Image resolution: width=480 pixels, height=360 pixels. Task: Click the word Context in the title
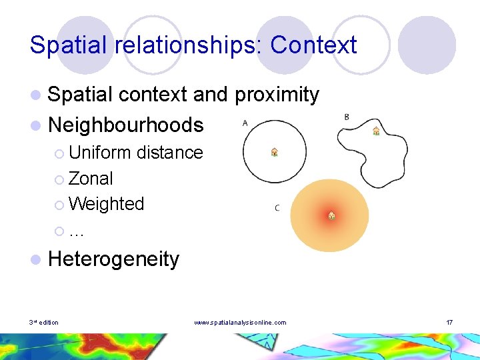313,45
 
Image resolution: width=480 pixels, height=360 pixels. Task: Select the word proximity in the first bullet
277,95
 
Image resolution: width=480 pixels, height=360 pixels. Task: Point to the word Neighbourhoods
126,124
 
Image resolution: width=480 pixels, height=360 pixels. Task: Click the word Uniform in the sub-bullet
100,153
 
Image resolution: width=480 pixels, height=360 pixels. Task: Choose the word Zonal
91,178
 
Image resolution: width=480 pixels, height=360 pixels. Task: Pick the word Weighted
106,203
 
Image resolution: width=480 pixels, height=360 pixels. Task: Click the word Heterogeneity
114,259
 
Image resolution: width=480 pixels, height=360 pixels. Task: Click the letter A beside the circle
245,123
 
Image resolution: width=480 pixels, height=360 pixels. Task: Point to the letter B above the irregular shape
347,117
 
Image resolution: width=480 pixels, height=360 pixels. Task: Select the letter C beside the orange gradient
277,208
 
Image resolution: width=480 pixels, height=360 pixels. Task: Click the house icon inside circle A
274,153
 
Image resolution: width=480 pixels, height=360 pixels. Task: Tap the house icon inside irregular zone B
376,131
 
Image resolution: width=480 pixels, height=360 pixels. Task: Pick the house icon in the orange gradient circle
331,215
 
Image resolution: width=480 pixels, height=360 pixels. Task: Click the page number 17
450,323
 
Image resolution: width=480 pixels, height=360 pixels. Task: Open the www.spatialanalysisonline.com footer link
240,323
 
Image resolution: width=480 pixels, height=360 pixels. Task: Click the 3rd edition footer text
43,323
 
